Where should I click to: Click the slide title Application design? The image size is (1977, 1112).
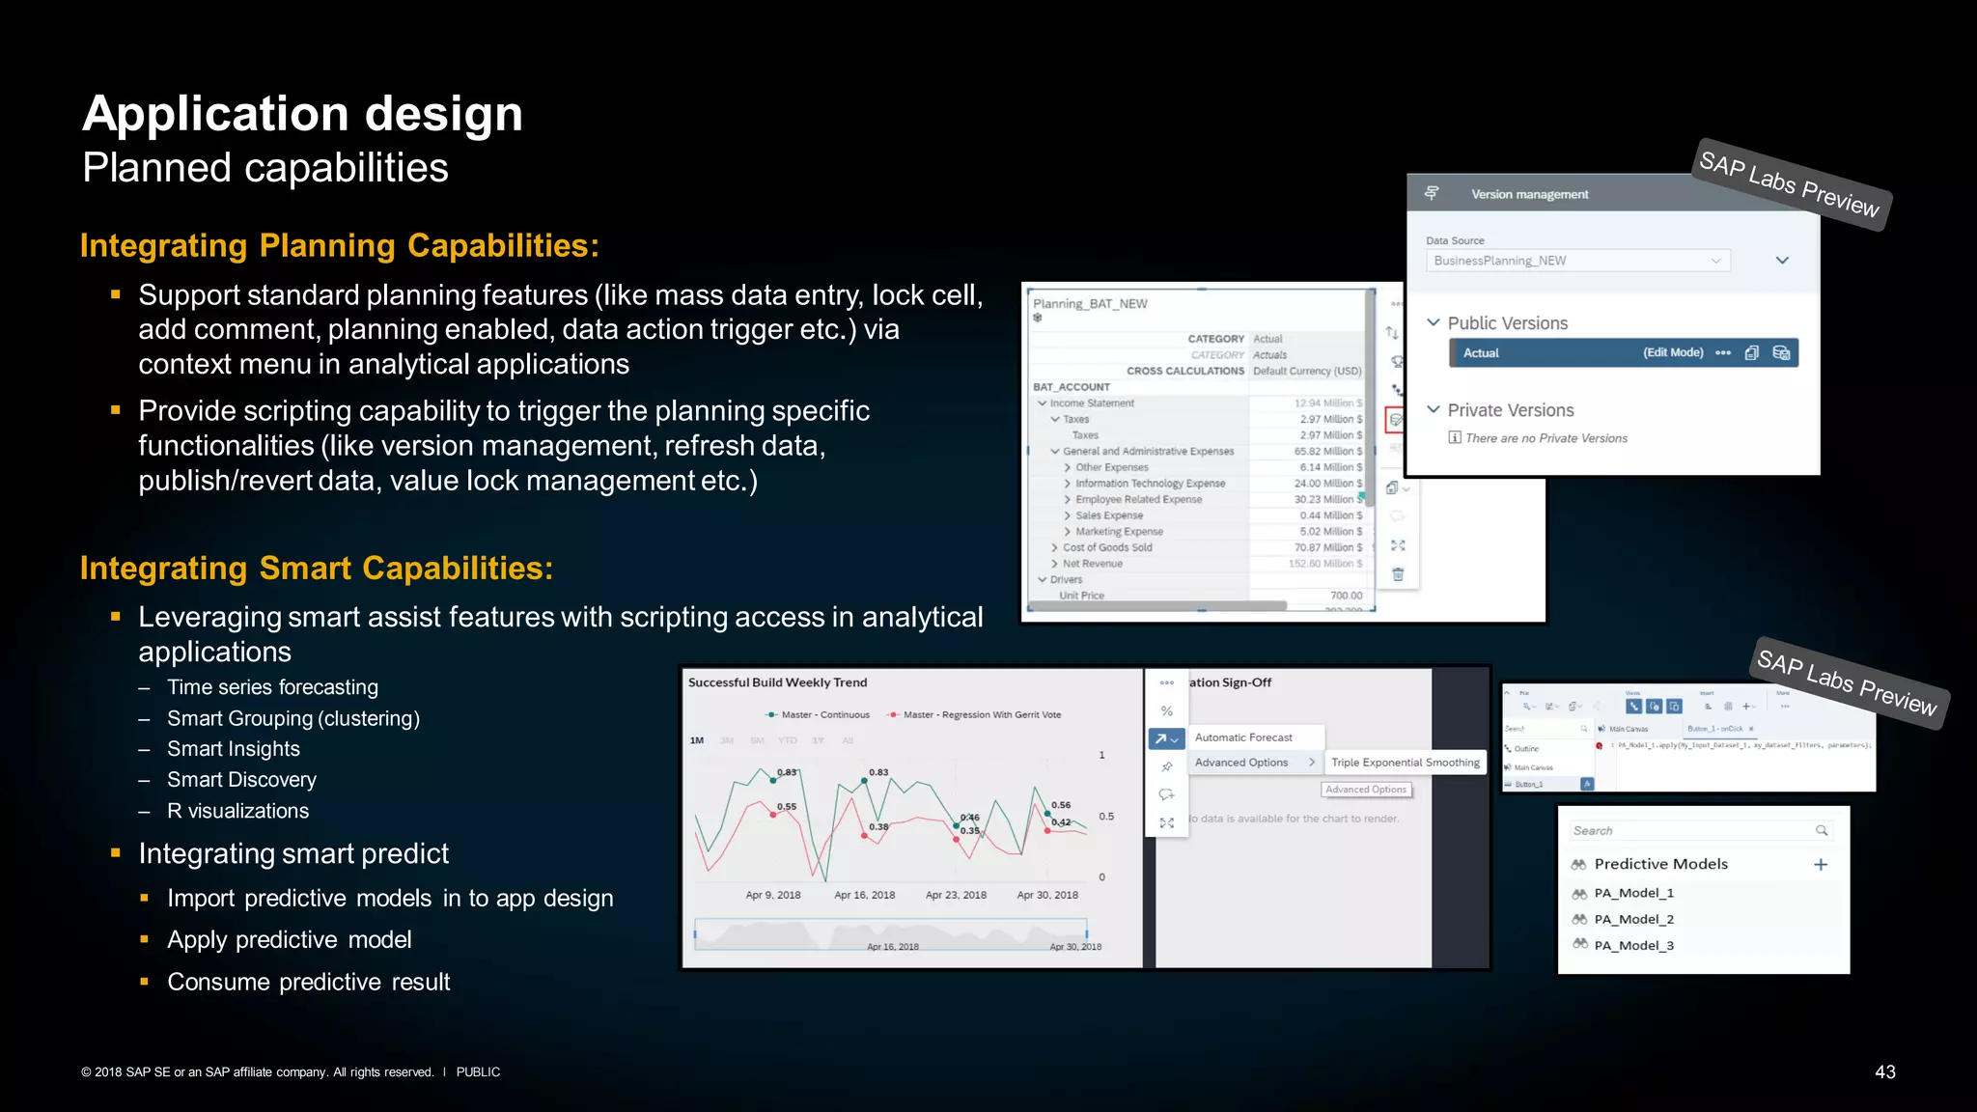(x=302, y=114)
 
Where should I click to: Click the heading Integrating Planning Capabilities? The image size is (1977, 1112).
(x=339, y=246)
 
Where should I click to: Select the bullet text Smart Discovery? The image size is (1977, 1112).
(x=241, y=780)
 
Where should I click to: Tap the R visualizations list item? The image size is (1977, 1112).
(x=237, y=811)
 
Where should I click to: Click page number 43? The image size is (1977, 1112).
(x=1884, y=1072)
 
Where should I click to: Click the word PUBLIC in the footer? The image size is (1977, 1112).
(x=478, y=1072)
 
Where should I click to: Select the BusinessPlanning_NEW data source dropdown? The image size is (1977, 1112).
(x=1577, y=261)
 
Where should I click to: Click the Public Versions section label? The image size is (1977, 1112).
(x=1507, y=323)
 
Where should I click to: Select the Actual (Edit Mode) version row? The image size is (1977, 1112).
(x=1623, y=353)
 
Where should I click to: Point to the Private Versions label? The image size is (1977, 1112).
(x=1510, y=410)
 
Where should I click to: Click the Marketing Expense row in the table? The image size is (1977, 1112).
(x=1119, y=532)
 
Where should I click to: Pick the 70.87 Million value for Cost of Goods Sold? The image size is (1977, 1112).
(x=1327, y=547)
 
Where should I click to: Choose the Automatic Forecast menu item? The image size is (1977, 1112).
(x=1243, y=737)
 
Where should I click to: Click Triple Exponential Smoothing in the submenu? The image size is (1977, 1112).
(x=1405, y=763)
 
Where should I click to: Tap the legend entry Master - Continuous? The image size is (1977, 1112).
(x=824, y=715)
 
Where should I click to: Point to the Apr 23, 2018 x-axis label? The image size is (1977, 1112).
(x=956, y=895)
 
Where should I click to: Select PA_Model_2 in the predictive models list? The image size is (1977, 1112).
(x=1633, y=920)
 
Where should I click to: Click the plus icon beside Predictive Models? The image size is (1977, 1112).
(x=1821, y=865)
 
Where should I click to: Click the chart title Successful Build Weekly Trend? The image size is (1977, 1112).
(x=777, y=682)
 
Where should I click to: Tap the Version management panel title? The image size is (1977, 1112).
(x=1529, y=195)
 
